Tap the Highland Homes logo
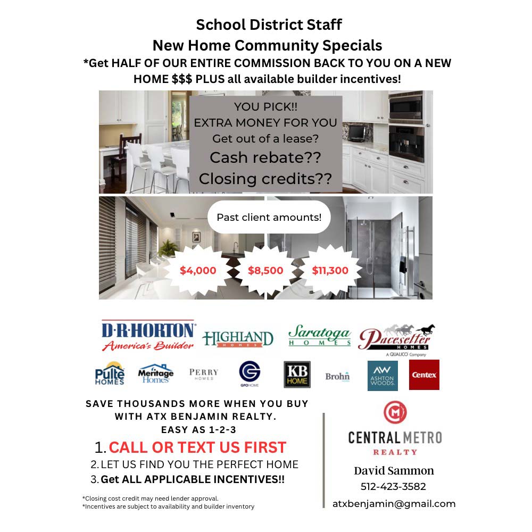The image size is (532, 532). [237, 338]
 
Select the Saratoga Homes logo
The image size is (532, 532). [319, 337]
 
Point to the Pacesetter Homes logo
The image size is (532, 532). [396, 338]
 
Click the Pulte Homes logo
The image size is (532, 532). [110, 373]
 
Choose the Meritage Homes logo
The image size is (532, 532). [156, 374]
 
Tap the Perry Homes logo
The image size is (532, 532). [204, 374]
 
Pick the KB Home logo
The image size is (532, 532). [297, 375]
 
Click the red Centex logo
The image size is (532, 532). [424, 375]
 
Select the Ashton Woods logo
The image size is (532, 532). [383, 375]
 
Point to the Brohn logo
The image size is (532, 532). [337, 376]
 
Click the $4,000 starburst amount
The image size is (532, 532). [198, 270]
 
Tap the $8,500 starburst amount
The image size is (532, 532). [265, 270]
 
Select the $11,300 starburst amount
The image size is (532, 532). [330, 270]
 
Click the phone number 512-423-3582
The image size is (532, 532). [393, 486]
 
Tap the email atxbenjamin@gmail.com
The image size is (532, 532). [394, 504]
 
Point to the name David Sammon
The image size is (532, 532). [394, 470]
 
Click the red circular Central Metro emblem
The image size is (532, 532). [395, 412]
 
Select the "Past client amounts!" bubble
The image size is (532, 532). [269, 217]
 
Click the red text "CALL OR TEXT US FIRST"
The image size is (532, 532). [197, 447]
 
